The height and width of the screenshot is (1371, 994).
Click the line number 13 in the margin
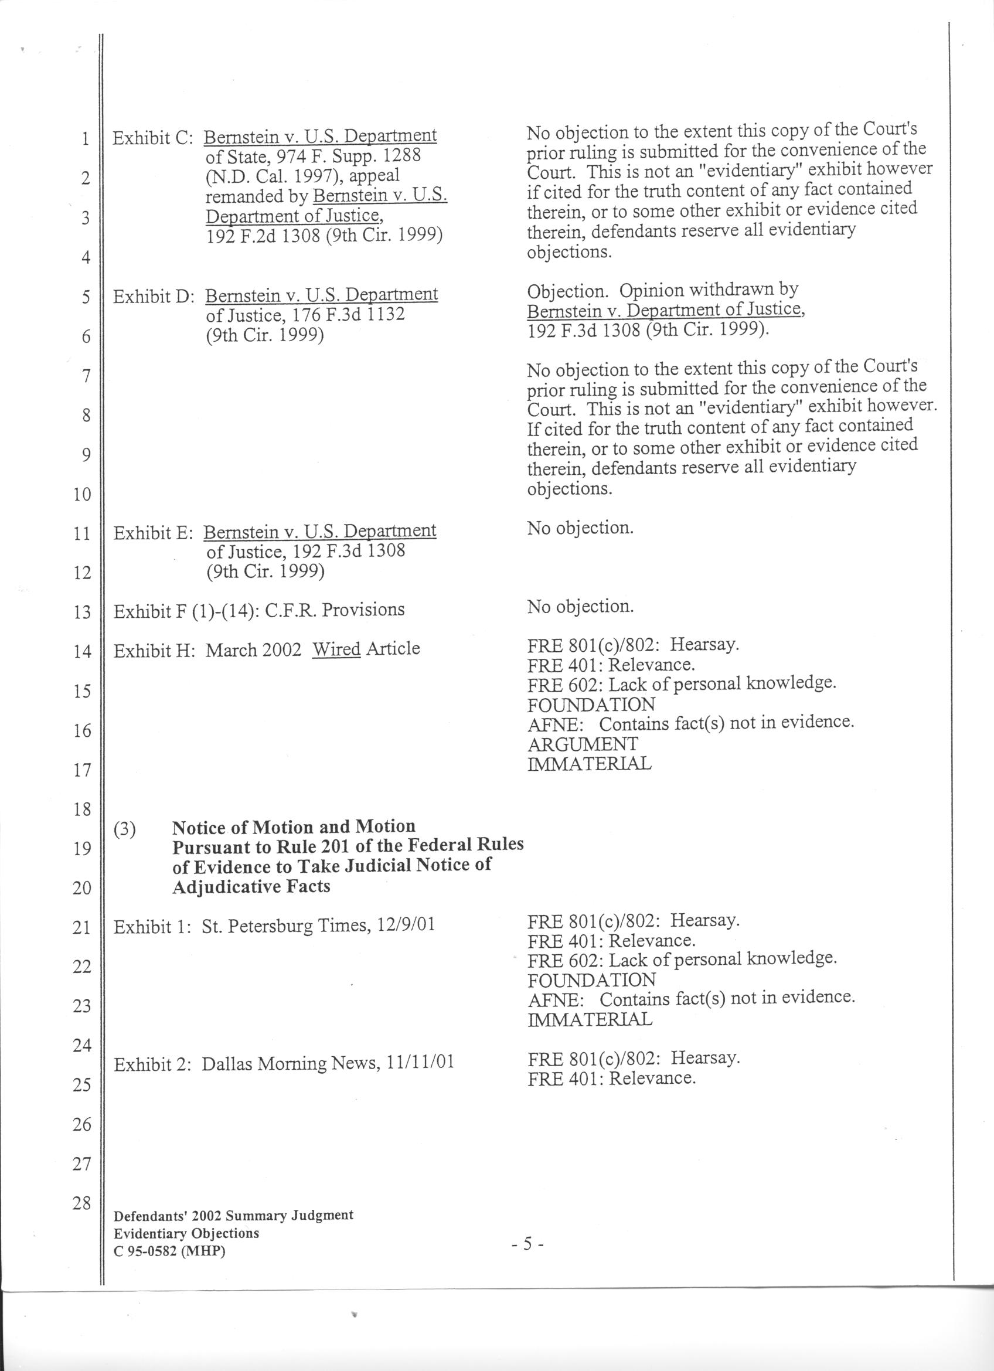point(81,612)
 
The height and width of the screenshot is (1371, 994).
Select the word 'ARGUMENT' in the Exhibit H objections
point(583,744)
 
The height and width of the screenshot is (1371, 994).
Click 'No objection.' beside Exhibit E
point(580,528)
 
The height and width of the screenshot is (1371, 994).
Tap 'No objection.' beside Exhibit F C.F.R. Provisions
point(580,606)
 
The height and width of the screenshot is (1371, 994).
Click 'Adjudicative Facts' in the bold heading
point(251,887)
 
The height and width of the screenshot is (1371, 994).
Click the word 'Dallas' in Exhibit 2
point(227,1063)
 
